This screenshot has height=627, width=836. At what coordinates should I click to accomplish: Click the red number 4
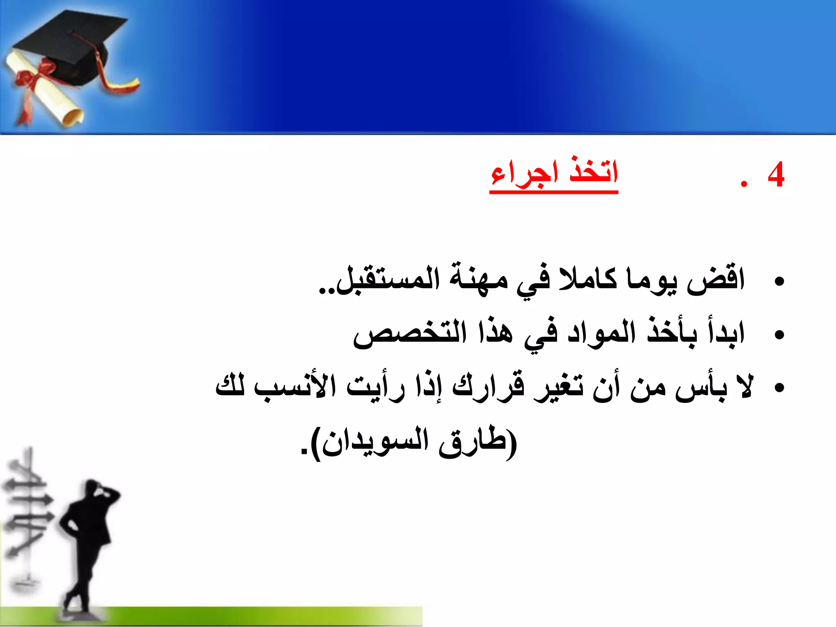[776, 175]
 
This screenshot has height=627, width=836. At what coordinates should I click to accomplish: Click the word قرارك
[488, 386]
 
